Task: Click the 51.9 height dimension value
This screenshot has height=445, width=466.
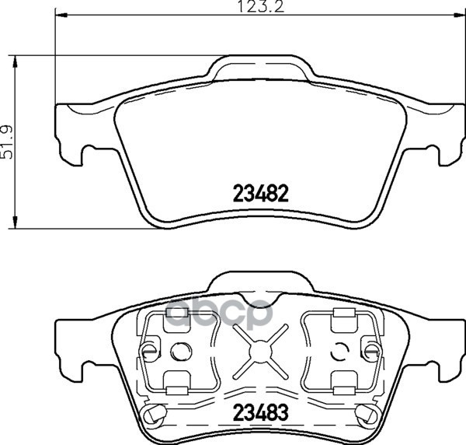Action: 9,142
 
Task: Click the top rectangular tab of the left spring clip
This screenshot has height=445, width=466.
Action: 175,314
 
